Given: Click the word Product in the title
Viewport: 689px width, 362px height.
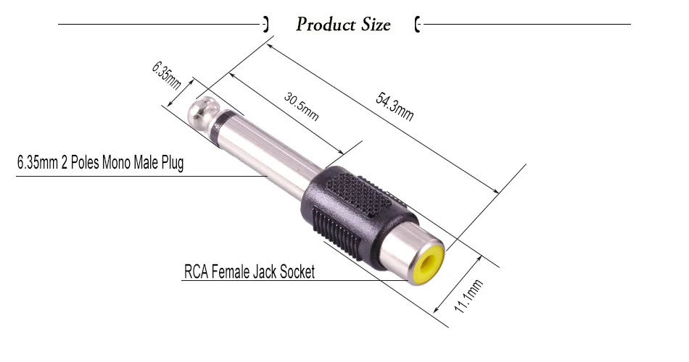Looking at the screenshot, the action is (x=326, y=24).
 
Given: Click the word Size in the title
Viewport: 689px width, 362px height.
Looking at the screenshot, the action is (x=376, y=24).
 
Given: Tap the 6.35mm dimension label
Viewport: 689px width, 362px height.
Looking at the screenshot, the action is (x=167, y=75).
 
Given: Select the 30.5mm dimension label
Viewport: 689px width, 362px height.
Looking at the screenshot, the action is (x=302, y=106).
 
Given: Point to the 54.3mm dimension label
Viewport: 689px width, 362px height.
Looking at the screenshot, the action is (x=395, y=106).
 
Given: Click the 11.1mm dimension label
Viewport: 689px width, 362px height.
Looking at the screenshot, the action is (x=469, y=296).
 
